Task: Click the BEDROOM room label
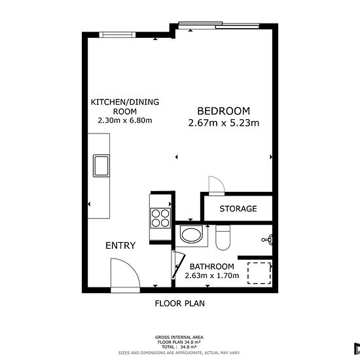[224, 111]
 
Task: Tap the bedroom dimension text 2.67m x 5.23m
[224, 123]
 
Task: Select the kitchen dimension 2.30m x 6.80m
[125, 120]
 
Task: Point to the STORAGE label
[238, 209]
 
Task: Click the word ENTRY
[120, 245]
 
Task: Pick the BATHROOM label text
[212, 266]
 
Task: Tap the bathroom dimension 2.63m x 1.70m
[212, 276]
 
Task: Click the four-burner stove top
[160, 218]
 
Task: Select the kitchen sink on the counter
[101, 166]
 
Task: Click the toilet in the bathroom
[223, 238]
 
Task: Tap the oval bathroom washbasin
[191, 234]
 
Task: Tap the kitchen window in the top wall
[117, 35]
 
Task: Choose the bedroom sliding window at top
[219, 26]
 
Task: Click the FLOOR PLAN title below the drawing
[180, 304]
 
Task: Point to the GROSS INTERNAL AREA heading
[179, 337]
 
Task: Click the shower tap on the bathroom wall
[268, 240]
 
